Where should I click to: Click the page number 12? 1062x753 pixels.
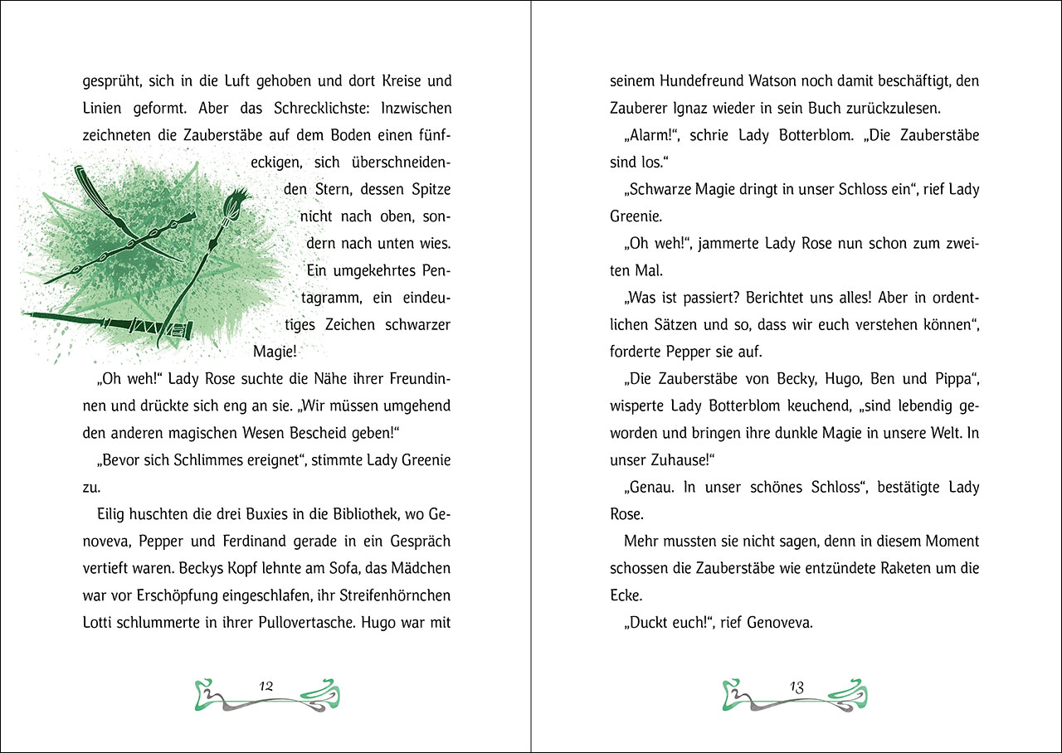click(x=266, y=686)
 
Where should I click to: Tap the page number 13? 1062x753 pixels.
click(x=796, y=687)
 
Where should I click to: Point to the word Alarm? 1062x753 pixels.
click(x=650, y=135)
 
